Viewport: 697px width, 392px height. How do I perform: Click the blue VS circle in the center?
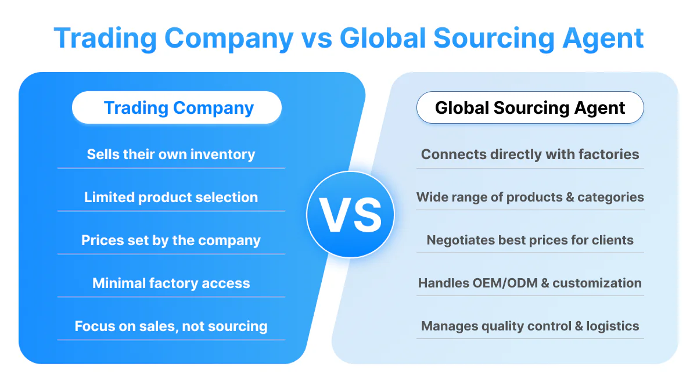point(350,215)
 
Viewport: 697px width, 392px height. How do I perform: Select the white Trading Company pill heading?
point(177,108)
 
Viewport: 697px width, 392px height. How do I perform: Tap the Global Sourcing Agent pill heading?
point(530,108)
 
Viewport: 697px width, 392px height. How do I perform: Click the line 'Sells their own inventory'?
point(171,154)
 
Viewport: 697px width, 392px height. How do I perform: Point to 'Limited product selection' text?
point(171,197)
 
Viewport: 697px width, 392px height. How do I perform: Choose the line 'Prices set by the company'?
point(171,240)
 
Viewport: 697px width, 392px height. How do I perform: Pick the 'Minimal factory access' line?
point(171,283)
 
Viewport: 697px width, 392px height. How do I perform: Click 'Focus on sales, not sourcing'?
point(171,326)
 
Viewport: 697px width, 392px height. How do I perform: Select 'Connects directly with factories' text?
point(530,154)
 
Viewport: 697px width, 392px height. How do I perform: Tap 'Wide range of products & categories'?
point(530,197)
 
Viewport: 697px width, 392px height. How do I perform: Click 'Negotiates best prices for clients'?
point(530,240)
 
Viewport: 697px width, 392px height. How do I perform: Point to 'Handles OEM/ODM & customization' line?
point(530,283)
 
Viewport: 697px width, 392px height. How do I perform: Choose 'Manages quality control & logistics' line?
point(530,326)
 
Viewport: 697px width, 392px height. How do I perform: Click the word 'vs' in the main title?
point(317,38)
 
